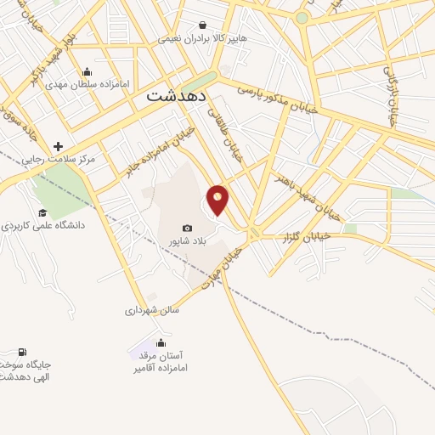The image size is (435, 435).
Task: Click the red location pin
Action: click(218, 199)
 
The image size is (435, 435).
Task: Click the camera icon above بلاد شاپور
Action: click(187, 229)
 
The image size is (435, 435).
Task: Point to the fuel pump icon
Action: click(22, 352)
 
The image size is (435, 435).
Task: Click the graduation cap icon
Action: click(42, 212)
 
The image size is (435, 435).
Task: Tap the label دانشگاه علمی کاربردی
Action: click(42, 226)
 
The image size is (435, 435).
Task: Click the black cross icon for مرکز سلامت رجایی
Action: click(58, 146)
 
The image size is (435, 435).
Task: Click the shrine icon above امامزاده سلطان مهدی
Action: click(87, 71)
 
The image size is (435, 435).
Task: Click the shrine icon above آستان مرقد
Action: click(161, 342)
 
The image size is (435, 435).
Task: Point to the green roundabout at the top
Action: click(301, 17)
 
